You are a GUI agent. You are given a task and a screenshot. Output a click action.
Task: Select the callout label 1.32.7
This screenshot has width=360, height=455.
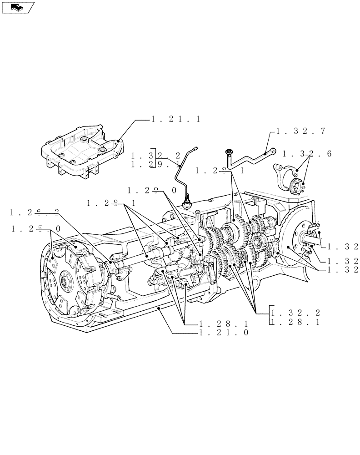coord(300,131)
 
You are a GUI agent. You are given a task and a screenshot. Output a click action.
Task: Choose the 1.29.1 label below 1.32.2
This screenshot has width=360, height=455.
coord(155,163)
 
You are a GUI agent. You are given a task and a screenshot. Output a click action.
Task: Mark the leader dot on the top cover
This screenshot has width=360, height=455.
coord(119,141)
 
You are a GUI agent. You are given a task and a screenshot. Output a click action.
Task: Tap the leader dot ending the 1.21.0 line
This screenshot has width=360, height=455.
coord(159,308)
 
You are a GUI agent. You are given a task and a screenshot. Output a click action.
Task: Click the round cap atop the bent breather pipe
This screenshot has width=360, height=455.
coord(229,151)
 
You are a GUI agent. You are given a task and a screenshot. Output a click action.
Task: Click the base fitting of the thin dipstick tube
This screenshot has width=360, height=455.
coord(187,203)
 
